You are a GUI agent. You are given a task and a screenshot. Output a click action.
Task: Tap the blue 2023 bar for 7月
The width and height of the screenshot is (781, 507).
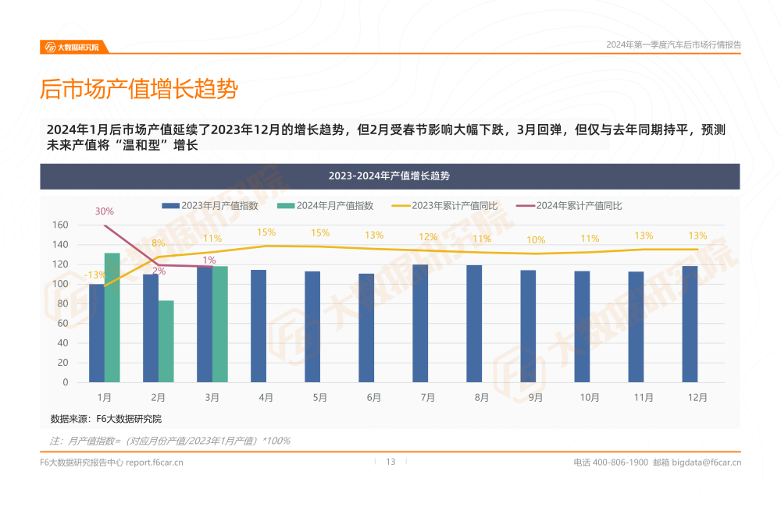click(x=420, y=323)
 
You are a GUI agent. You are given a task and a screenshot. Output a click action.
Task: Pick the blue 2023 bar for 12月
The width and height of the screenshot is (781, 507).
click(x=690, y=324)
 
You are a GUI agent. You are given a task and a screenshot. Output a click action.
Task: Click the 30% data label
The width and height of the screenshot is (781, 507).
click(x=105, y=211)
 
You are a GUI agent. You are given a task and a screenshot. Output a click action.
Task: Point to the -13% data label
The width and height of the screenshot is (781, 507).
click(x=96, y=275)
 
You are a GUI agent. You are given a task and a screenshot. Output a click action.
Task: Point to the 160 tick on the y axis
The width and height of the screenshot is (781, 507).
click(x=60, y=225)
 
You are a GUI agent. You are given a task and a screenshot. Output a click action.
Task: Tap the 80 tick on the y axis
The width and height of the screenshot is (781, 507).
click(x=63, y=303)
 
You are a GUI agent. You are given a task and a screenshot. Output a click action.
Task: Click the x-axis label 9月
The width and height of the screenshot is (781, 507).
click(x=536, y=397)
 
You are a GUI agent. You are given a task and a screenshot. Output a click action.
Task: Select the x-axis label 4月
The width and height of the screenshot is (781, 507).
click(x=266, y=397)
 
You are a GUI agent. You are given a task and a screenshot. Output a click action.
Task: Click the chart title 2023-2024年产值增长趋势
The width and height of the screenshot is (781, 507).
click(x=389, y=176)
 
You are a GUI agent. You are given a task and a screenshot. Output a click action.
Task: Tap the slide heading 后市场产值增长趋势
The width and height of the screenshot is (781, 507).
click(x=138, y=89)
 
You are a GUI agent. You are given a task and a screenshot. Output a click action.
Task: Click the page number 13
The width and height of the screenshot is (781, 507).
click(x=390, y=462)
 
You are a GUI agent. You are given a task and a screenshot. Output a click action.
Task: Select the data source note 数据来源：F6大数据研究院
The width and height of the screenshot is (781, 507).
click(x=106, y=419)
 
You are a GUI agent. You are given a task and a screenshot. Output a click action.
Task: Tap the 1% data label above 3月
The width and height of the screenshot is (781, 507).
click(x=209, y=261)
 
